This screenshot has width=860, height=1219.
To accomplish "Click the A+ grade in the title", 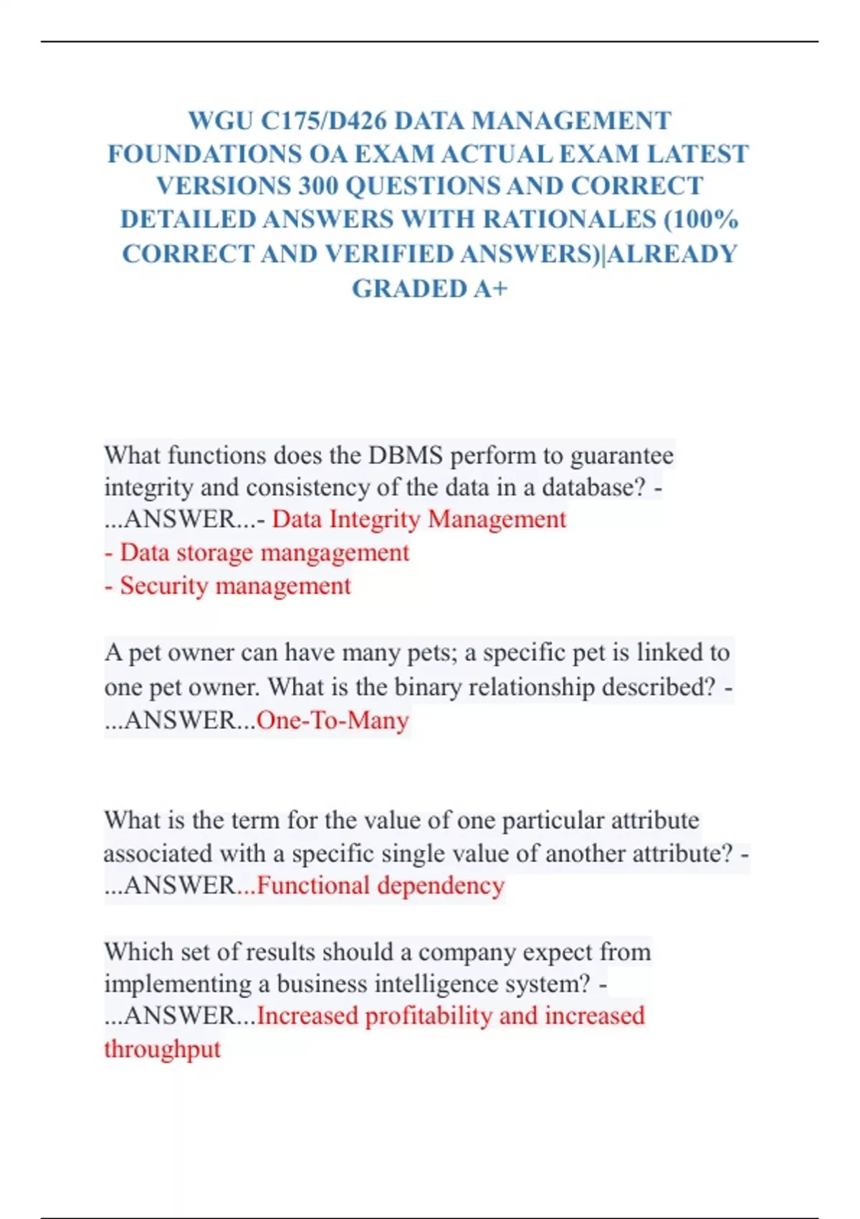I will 491,288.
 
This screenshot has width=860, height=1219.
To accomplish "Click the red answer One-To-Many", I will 333,720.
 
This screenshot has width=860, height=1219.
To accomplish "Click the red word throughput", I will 162,1049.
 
